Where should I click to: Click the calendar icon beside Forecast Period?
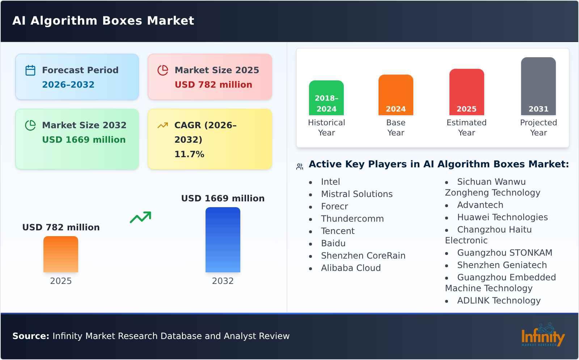(x=30, y=70)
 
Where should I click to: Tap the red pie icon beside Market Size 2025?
(x=163, y=70)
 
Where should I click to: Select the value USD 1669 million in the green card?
(x=84, y=140)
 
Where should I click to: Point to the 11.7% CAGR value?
(x=189, y=154)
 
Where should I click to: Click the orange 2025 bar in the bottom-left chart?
(x=61, y=254)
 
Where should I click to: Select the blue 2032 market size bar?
(x=223, y=240)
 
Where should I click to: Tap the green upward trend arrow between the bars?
(x=140, y=217)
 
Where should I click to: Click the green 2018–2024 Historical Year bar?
(x=326, y=98)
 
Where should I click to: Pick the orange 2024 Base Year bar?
(x=396, y=95)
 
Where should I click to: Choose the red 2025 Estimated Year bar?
(x=466, y=92)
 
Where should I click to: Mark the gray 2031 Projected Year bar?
(x=538, y=86)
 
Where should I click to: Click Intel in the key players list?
(x=330, y=182)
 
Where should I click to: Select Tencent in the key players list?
(x=338, y=231)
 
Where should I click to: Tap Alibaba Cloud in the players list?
(x=351, y=268)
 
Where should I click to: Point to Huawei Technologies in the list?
(x=502, y=217)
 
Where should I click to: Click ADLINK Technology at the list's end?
(x=499, y=301)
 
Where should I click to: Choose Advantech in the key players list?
(x=480, y=205)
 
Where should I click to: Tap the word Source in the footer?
(x=30, y=336)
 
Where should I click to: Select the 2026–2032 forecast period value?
(x=68, y=85)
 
